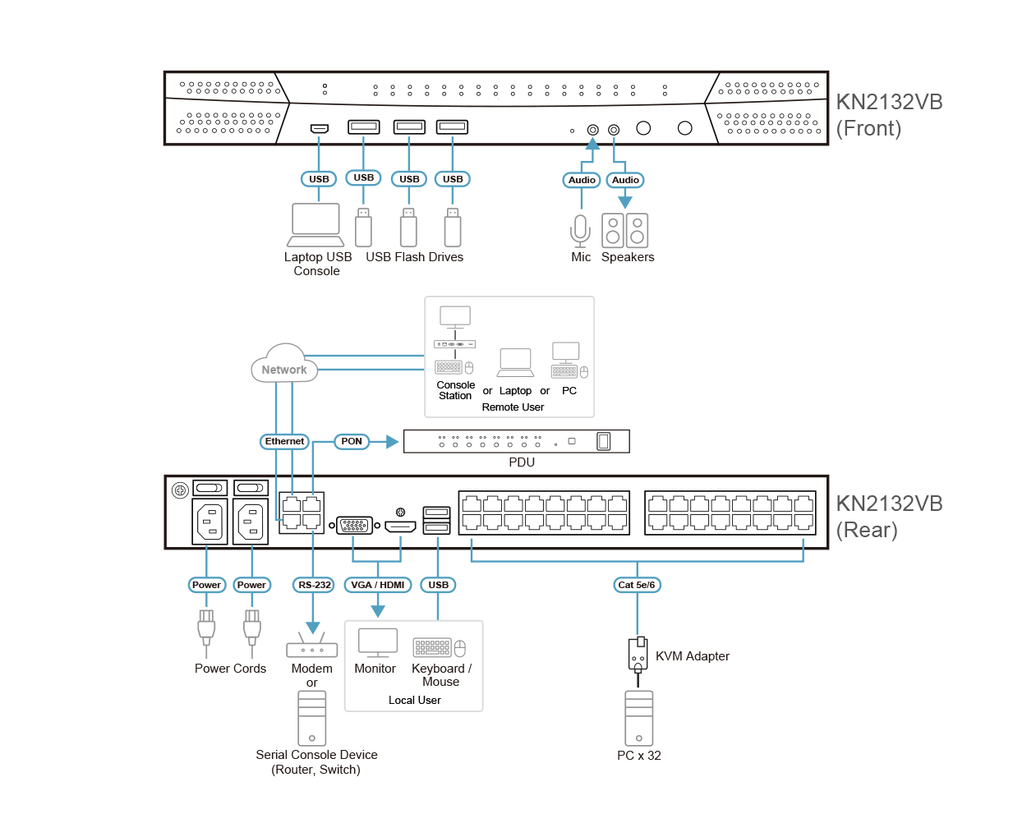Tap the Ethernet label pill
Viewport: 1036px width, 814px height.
(x=284, y=441)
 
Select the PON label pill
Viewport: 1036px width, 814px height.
(x=352, y=441)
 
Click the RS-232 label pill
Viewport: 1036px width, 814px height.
(x=314, y=585)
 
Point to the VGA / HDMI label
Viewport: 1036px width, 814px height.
(x=378, y=585)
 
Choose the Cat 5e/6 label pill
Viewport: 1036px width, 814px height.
(x=637, y=585)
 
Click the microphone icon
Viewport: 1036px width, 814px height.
(x=581, y=231)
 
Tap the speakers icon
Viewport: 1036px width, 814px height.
(x=625, y=231)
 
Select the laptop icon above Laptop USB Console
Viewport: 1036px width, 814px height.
(x=316, y=224)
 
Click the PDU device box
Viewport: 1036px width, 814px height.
(x=517, y=441)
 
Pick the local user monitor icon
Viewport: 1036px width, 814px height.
(x=378, y=642)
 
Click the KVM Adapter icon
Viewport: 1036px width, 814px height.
(x=638, y=655)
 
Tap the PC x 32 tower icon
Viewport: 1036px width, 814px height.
(x=638, y=718)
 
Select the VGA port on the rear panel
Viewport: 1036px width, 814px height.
(x=355, y=525)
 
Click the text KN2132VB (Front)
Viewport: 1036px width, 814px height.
(x=889, y=115)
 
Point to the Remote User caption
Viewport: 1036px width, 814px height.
(x=513, y=407)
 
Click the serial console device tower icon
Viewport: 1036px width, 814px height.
(x=312, y=718)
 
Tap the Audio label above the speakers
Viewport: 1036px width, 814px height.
(x=625, y=180)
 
